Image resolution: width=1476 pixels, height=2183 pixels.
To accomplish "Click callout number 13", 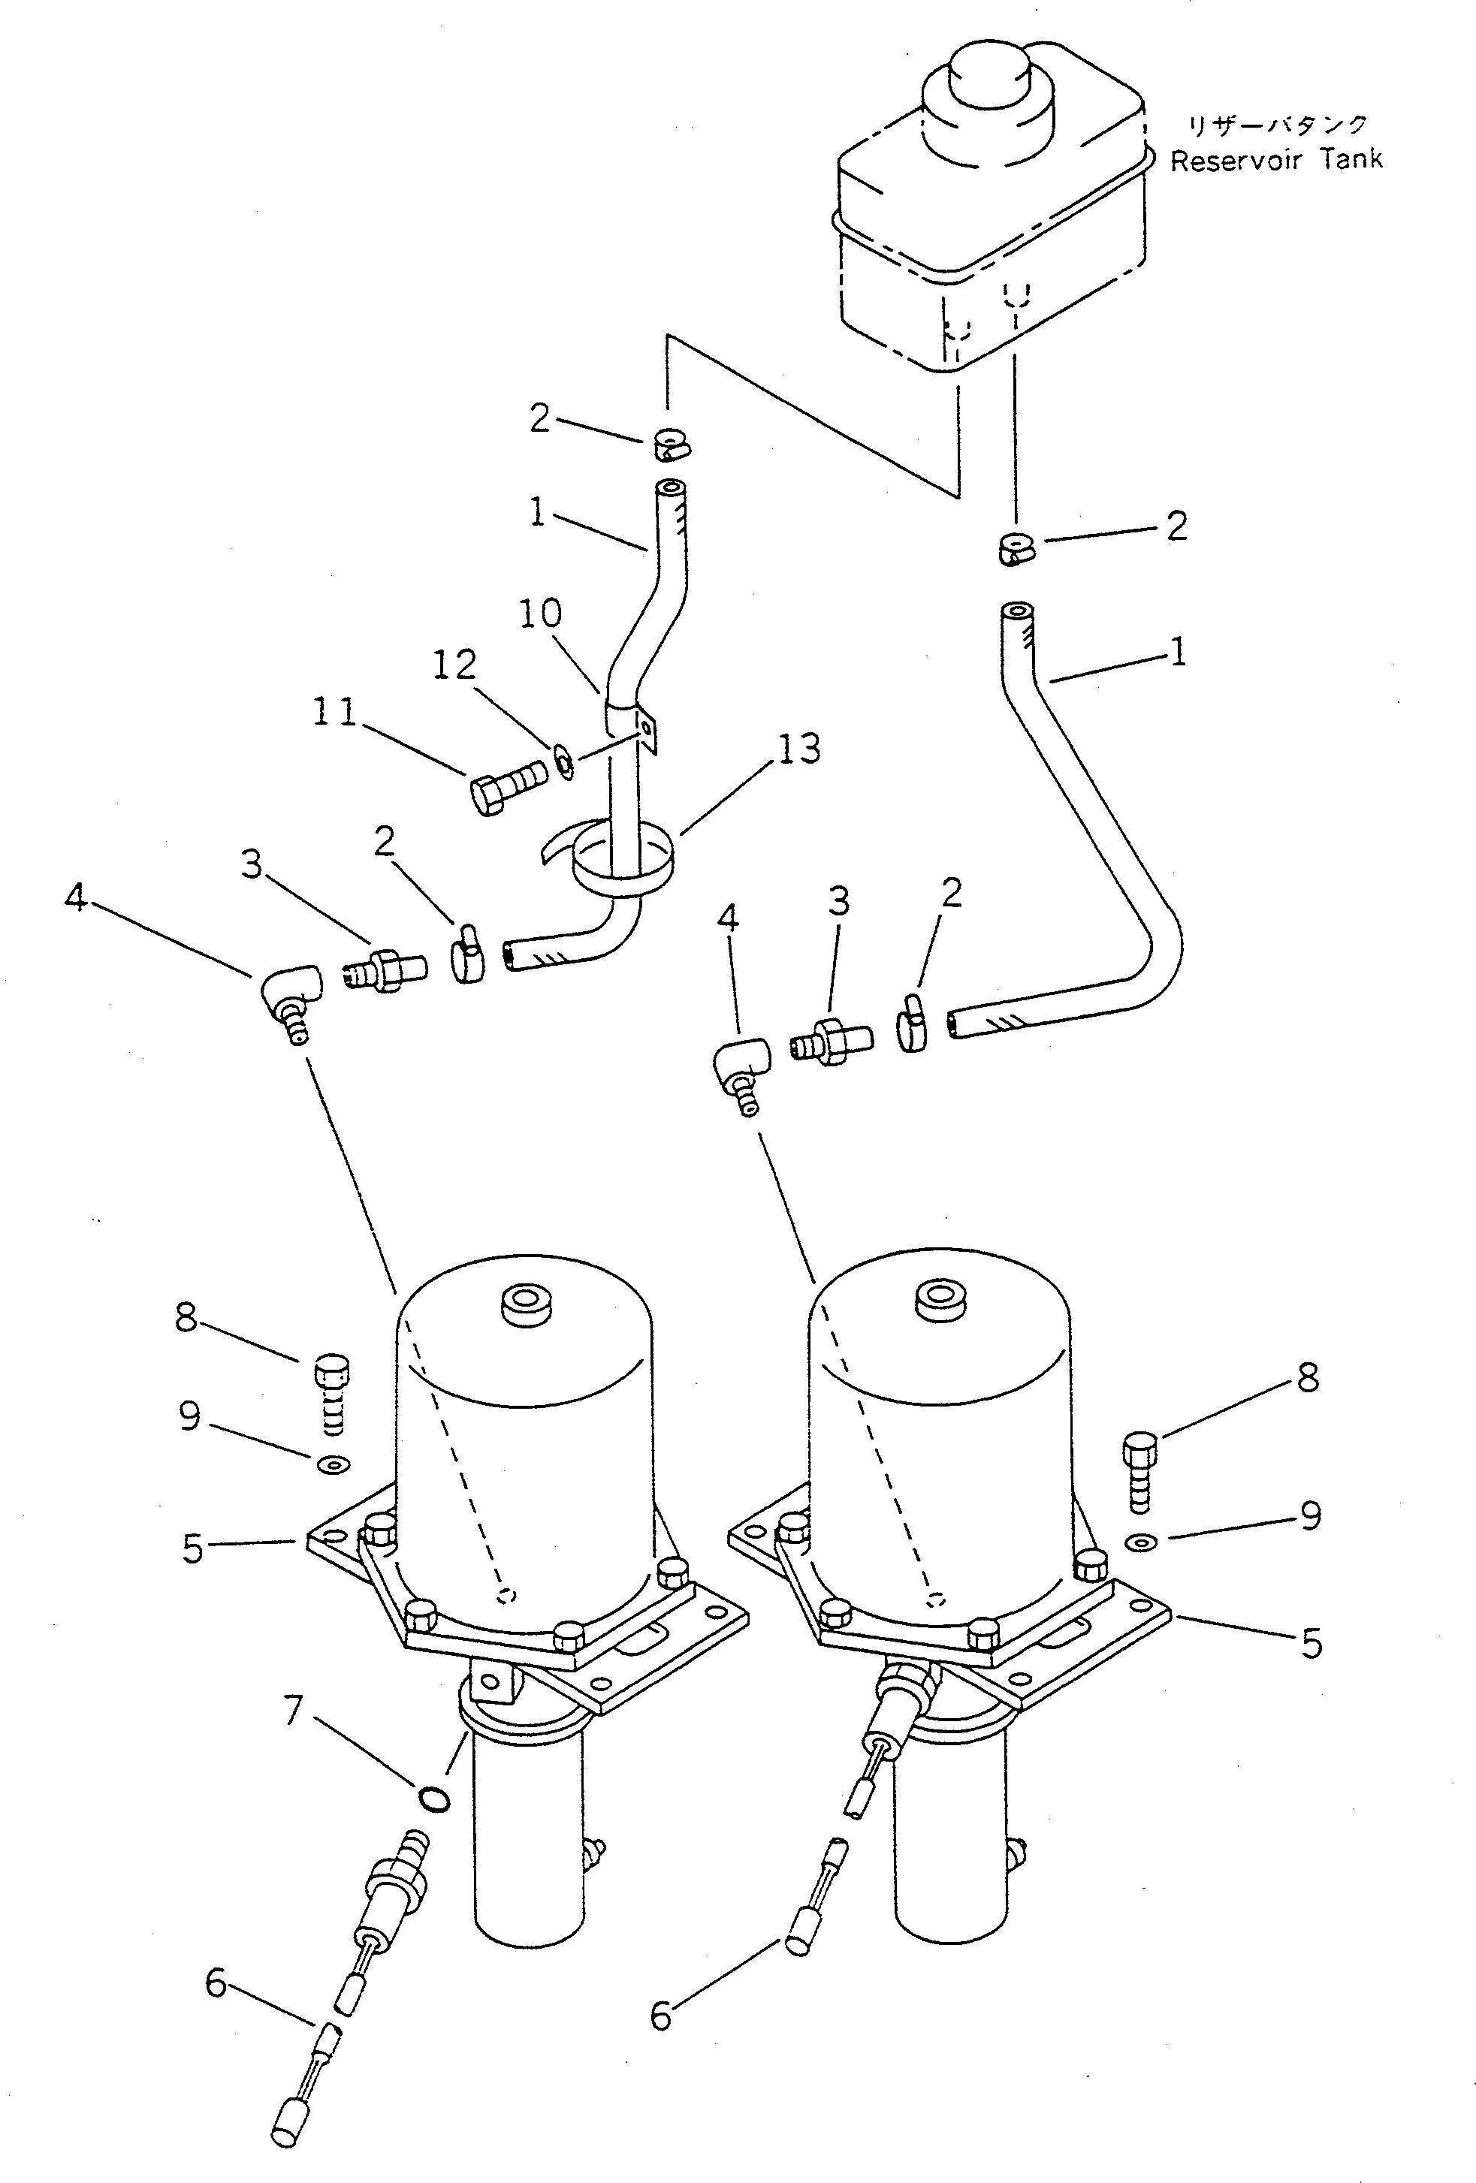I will [798, 749].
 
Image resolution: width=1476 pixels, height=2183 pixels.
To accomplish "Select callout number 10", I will [540, 614].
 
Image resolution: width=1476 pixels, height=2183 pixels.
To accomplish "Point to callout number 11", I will [334, 711].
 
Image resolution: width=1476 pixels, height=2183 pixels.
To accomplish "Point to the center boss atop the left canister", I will [527, 1304].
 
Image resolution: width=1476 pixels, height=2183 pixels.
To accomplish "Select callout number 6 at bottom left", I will [216, 1983].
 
